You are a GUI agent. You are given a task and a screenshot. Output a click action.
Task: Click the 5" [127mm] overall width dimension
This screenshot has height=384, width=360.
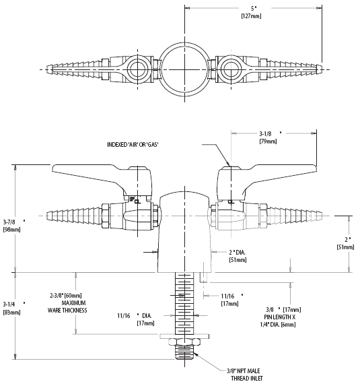(x=252, y=12)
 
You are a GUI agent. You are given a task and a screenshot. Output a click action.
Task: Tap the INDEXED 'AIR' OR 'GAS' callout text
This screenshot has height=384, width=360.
(x=133, y=144)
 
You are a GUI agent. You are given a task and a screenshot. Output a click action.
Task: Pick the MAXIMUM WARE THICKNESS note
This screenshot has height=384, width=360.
(x=67, y=307)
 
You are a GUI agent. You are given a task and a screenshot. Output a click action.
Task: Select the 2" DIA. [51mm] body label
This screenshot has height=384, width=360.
(x=238, y=256)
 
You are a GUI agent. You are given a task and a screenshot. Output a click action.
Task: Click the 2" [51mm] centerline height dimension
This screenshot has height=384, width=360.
(x=345, y=243)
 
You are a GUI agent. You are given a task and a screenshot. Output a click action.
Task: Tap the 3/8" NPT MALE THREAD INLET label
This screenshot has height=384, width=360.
(x=244, y=374)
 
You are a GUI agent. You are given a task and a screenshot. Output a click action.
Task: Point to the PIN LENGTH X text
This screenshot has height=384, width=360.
(x=280, y=317)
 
